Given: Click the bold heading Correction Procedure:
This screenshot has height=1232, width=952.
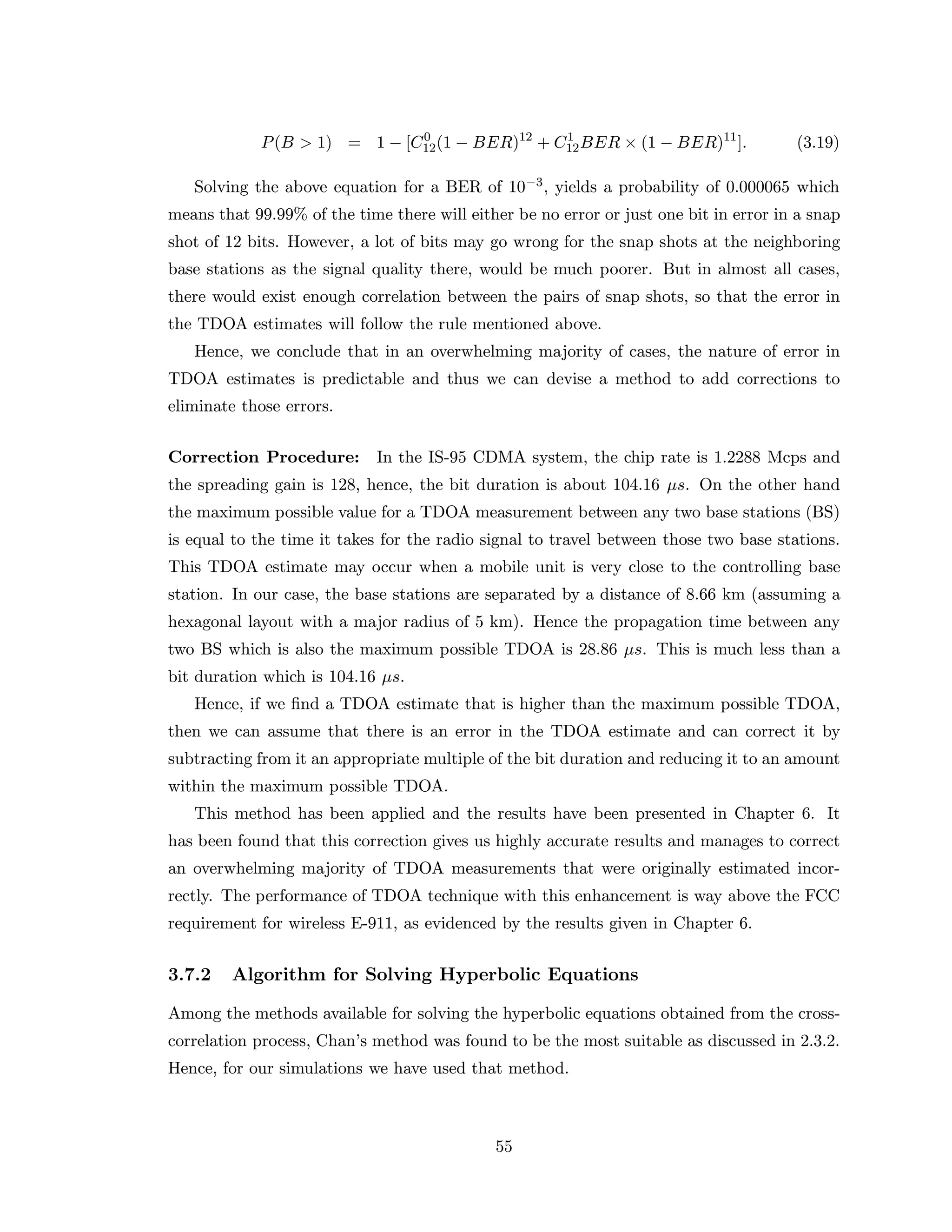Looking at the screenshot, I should point(264,457).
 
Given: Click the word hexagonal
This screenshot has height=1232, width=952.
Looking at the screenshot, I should point(203,622).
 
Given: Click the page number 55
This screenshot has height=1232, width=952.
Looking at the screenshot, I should point(503,1147).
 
